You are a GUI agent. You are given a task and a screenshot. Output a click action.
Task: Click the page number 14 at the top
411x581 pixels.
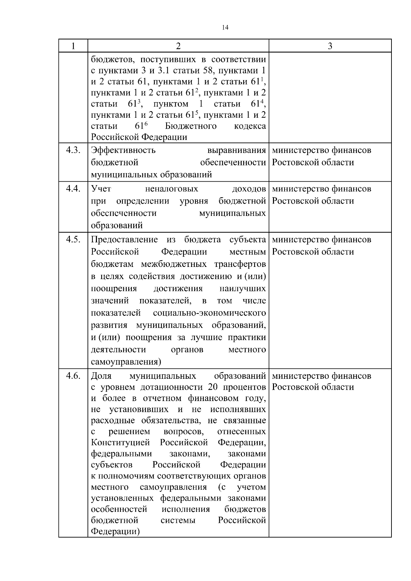[x=225, y=28]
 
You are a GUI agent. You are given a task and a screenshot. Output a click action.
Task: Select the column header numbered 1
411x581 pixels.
[x=73, y=46]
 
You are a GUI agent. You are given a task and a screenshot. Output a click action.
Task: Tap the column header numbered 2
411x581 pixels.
[x=178, y=46]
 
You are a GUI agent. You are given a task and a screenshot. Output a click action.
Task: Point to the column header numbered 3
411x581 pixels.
[x=330, y=46]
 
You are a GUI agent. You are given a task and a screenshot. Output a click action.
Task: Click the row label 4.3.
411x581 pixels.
[x=73, y=150]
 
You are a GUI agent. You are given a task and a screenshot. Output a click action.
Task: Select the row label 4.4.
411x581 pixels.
[x=73, y=189]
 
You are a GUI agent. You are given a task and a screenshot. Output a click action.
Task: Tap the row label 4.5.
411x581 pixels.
[x=73, y=240]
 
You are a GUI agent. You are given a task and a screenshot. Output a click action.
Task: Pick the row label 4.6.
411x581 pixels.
[x=73, y=376]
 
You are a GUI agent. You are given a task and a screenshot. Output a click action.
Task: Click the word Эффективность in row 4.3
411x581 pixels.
[x=123, y=150]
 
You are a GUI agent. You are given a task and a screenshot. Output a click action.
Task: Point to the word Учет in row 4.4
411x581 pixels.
[x=101, y=189]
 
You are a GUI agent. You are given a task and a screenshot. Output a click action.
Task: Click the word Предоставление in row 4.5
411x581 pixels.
[x=124, y=240]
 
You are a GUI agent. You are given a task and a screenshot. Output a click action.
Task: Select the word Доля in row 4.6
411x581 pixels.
[x=101, y=376]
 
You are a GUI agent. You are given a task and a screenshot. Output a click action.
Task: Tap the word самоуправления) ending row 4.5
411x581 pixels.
[x=126, y=362]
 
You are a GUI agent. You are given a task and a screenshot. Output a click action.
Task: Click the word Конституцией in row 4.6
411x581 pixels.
[x=121, y=443]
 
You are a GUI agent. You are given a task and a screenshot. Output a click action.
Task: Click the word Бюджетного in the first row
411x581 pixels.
[x=191, y=126]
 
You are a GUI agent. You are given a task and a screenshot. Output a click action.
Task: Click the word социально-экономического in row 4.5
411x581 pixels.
[x=210, y=313]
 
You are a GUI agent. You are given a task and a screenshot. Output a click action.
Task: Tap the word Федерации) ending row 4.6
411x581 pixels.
[x=115, y=532]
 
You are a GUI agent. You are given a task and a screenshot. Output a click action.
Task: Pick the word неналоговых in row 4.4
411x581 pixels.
[x=172, y=189]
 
